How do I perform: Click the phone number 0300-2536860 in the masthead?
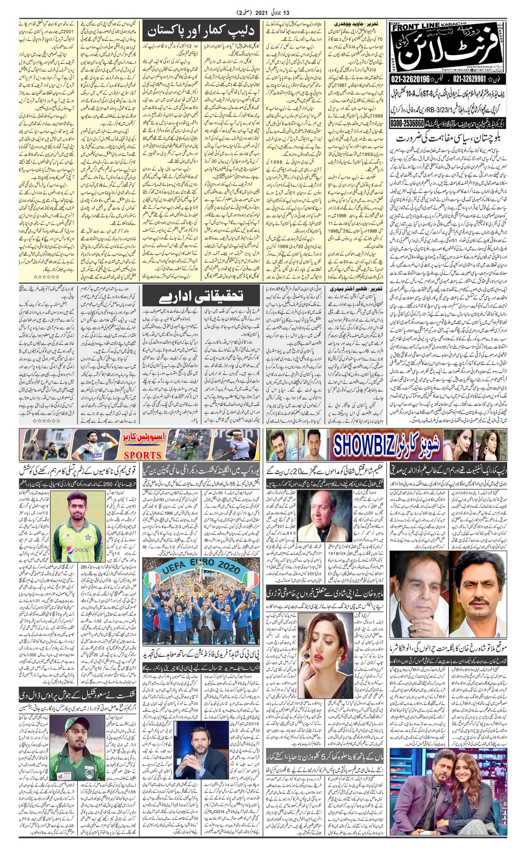pyautogui.click(x=407, y=123)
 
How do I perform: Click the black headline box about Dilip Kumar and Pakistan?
pyautogui.click(x=201, y=31)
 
